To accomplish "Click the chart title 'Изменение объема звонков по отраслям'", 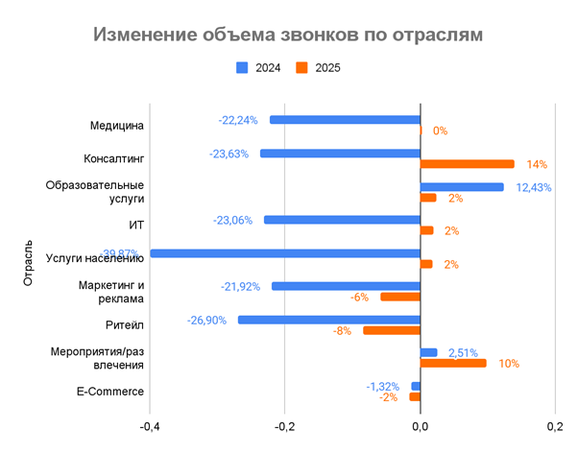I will pos(288,35).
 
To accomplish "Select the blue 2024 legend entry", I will pos(258,68).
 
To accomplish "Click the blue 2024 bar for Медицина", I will pos(345,120).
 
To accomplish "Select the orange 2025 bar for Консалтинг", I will pos(468,164).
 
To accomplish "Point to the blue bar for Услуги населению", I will pos(285,253).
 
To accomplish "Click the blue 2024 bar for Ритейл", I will pos(329,320).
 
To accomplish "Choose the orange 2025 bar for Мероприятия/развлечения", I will pos(453,364).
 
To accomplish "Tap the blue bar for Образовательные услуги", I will pos(462,187).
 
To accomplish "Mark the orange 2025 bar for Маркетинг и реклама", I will pos(400,297).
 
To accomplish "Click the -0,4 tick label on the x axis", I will pos(150,426).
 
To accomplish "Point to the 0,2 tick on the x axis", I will pos(553,426).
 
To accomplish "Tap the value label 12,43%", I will pos(533,187).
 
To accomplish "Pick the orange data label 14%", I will pos(535,164).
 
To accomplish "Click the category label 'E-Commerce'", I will pos(110,392).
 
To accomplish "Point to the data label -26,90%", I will pos(207,320).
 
